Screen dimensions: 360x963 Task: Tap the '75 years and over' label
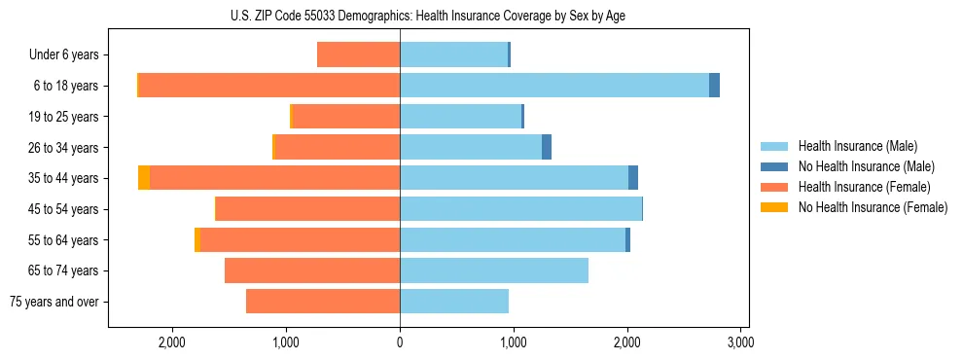[x=54, y=302]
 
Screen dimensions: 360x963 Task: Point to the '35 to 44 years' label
[x=64, y=178]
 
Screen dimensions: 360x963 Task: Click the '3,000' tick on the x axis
[x=740, y=342]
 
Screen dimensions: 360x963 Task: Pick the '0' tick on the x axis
[x=400, y=342]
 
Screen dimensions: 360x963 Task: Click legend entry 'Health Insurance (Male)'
[x=857, y=146]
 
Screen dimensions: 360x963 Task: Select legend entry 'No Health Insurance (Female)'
[x=873, y=207]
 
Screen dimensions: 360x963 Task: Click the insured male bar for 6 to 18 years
[x=554, y=86]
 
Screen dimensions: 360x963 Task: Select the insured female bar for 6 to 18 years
[x=269, y=86]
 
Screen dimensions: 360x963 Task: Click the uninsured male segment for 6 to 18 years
[x=714, y=86]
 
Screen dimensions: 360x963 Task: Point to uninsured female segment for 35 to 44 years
[x=144, y=178]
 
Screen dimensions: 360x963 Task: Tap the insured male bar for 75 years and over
[x=454, y=302]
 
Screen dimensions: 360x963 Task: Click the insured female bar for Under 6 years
[x=358, y=55]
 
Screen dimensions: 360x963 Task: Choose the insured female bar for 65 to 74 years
[x=312, y=270]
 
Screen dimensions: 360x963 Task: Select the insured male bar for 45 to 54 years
[x=520, y=209]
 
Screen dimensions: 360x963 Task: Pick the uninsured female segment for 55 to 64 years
[x=197, y=239]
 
